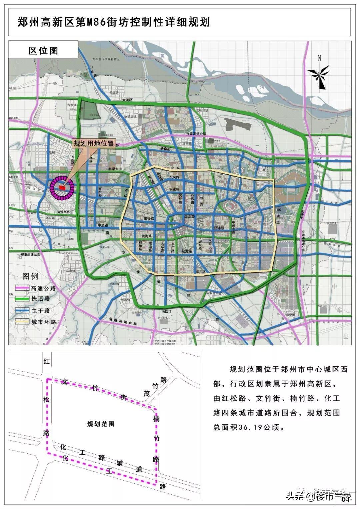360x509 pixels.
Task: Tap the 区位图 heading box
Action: coord(43,50)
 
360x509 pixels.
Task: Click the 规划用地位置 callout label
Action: coord(94,144)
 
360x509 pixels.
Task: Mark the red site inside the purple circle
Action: coord(62,188)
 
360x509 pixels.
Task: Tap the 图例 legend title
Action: coord(30,276)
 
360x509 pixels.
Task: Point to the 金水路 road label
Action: coord(189,216)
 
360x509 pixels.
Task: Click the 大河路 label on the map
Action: coord(127,100)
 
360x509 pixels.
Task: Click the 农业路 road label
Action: coord(175,189)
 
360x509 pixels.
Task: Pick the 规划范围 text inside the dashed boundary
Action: coord(101,424)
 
